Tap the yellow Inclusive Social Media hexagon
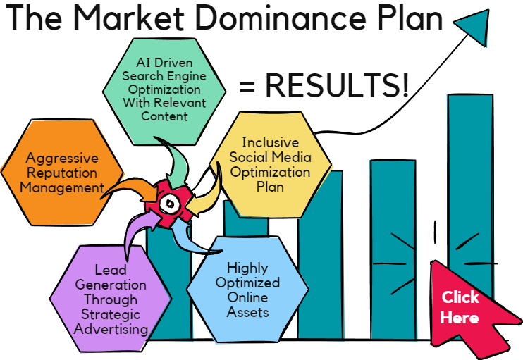270,165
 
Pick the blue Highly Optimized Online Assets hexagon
248,290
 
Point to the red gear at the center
170,204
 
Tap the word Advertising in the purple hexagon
111,329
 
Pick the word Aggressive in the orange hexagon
62,158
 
